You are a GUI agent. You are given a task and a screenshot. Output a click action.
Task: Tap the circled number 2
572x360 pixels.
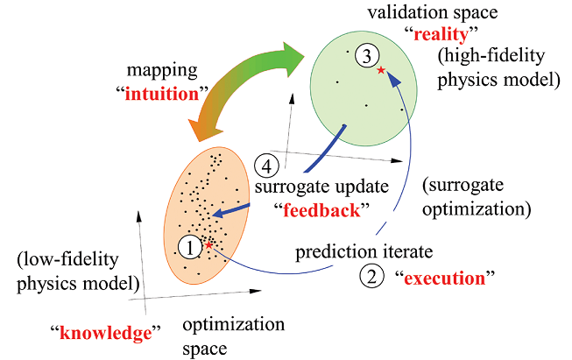coord(371,278)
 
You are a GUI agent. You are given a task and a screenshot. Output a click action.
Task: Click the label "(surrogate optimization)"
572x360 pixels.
coord(475,198)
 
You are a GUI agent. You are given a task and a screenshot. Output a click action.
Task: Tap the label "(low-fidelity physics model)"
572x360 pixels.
coord(76,272)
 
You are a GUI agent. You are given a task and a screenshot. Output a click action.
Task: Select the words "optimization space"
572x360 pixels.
coord(228,336)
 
